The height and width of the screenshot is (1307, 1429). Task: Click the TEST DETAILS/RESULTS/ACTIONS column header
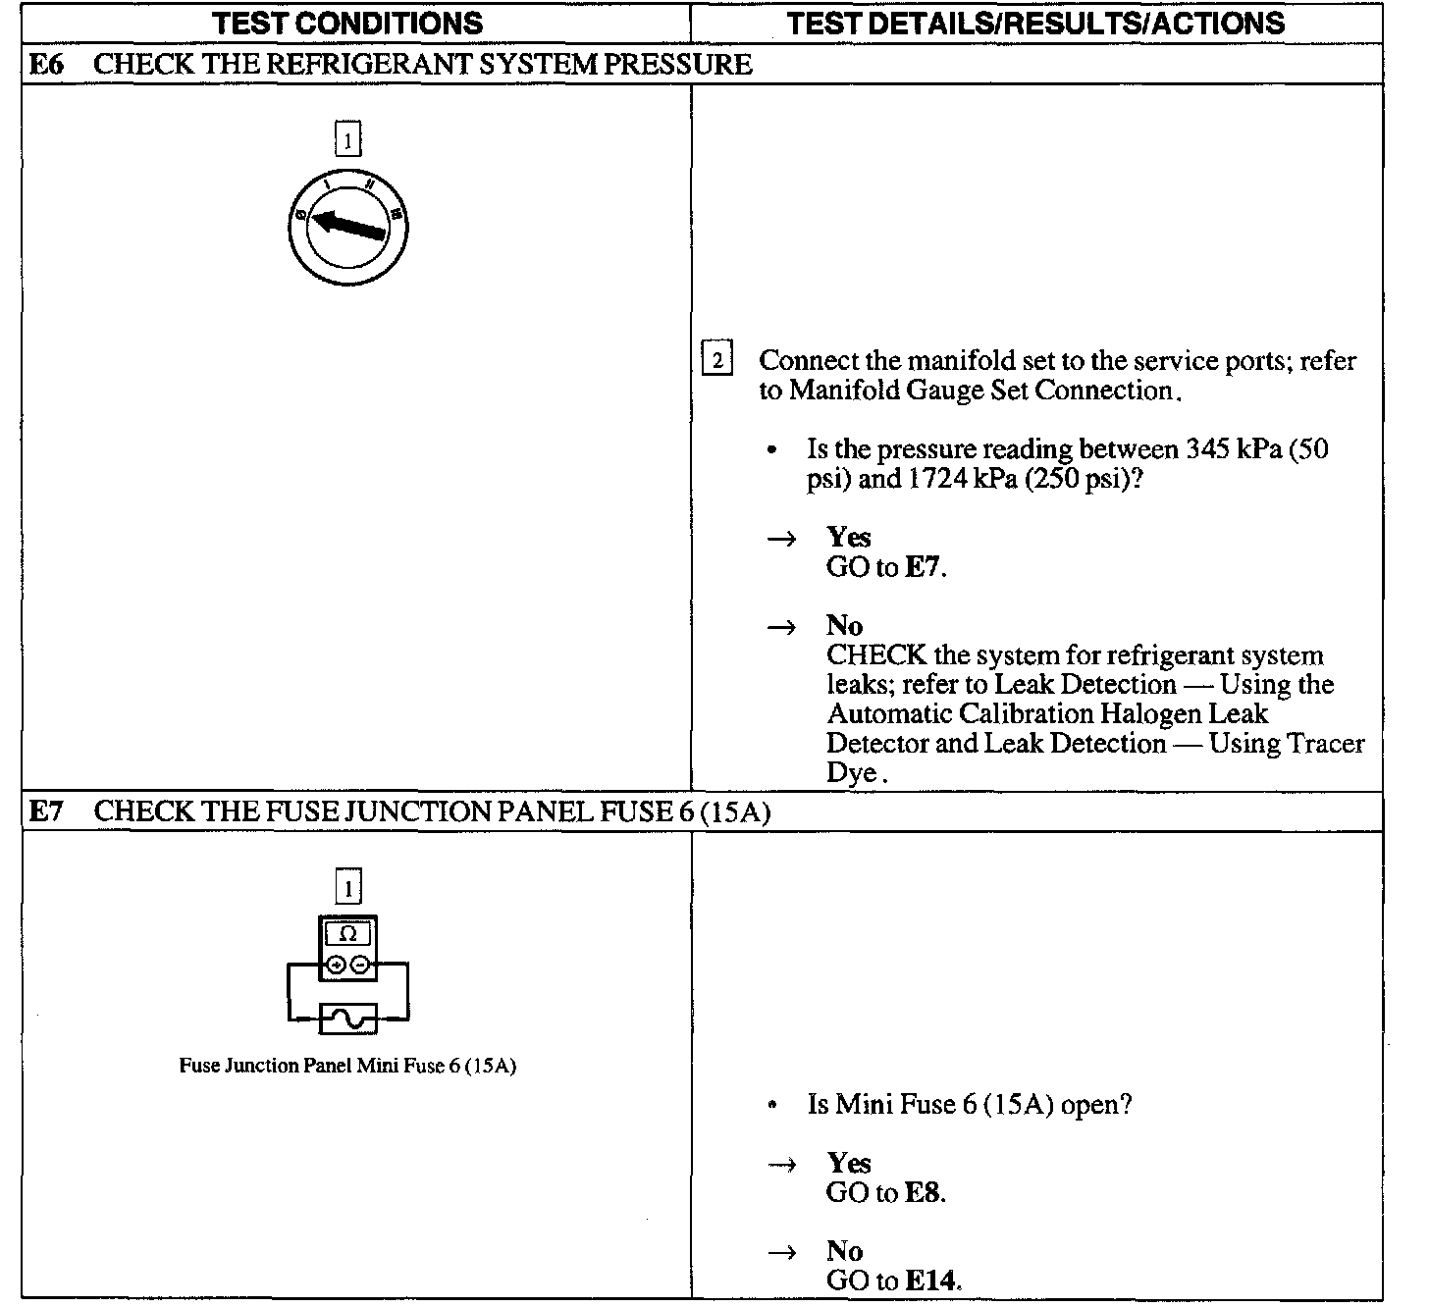tap(1035, 24)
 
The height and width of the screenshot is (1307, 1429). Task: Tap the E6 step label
tap(47, 66)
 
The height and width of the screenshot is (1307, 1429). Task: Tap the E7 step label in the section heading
tap(47, 812)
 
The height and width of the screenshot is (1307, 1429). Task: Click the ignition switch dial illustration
tap(347, 227)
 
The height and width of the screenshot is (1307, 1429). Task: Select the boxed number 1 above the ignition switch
tap(347, 139)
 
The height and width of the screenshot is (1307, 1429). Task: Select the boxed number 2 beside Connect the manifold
tap(717, 361)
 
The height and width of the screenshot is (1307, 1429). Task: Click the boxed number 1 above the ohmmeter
tap(347, 889)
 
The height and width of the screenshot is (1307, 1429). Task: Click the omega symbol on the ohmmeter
tap(347, 934)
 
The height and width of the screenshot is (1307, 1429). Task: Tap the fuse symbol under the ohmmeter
tap(347, 1019)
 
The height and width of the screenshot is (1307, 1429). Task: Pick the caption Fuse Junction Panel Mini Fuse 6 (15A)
tap(347, 1067)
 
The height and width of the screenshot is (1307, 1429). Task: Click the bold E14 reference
tap(932, 1281)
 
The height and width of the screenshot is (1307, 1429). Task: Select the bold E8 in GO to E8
tap(924, 1193)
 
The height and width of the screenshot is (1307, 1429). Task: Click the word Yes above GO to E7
tap(849, 538)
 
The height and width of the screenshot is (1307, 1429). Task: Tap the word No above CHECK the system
tap(844, 626)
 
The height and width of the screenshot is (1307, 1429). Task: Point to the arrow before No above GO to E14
tap(782, 1252)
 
